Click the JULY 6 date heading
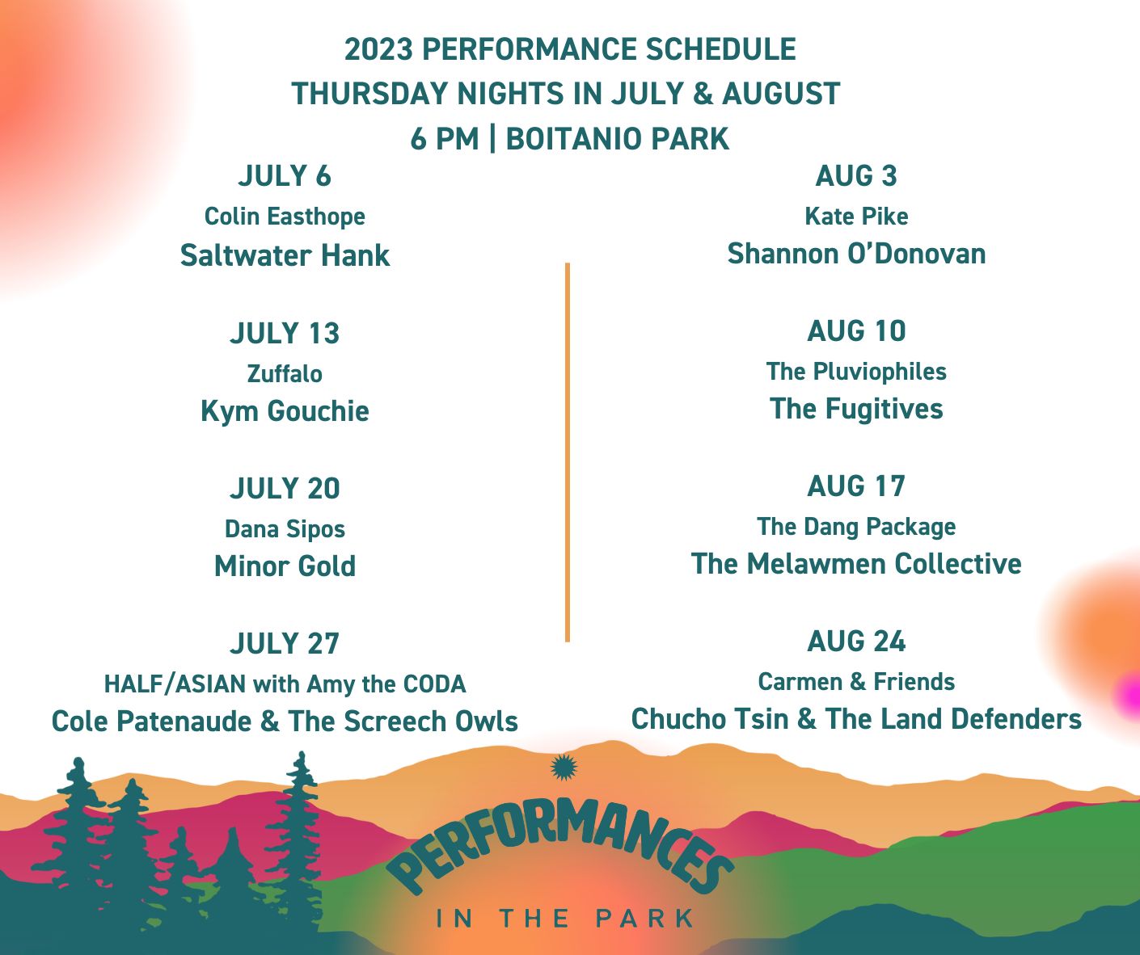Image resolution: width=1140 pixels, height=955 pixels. [285, 175]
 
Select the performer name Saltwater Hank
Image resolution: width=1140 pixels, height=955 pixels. [285, 255]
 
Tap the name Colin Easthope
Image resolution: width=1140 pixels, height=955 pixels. [285, 217]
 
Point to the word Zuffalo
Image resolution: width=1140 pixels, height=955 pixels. [285, 374]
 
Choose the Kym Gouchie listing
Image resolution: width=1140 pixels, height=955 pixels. [285, 411]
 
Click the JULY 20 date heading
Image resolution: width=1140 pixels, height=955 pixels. [285, 488]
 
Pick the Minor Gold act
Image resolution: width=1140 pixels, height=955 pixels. [285, 566]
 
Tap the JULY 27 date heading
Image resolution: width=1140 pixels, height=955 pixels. [285, 643]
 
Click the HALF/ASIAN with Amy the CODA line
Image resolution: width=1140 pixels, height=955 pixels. [285, 684]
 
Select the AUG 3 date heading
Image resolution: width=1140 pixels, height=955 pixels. [856, 175]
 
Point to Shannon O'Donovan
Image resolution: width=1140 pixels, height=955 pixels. [856, 254]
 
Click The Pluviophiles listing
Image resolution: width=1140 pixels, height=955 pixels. [856, 371]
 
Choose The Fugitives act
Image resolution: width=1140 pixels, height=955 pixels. [856, 409]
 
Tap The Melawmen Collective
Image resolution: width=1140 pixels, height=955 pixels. [856, 564]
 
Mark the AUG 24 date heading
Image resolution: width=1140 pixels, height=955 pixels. [856, 641]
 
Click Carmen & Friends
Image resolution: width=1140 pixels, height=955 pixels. [856, 682]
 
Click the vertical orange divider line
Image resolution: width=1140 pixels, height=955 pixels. [568, 452]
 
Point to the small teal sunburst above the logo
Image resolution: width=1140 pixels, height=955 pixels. [564, 768]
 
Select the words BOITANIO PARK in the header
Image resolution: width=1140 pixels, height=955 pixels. [617, 139]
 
